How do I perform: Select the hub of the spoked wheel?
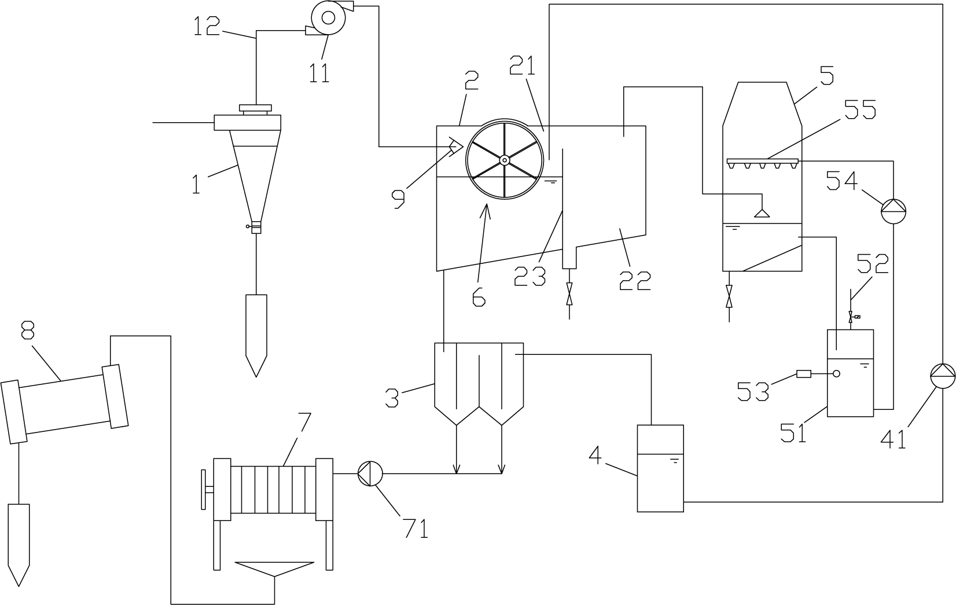(505, 160)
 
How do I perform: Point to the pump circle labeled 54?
(894, 211)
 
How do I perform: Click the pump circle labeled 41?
(943, 376)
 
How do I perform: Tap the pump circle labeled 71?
(370, 474)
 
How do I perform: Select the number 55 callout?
(859, 110)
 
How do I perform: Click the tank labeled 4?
(660, 468)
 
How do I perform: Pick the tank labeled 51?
(850, 373)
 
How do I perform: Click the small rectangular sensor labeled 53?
(804, 374)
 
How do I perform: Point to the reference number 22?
(635, 281)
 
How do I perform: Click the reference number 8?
(28, 329)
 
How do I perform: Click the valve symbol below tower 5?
(729, 296)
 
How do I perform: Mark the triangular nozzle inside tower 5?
(762, 213)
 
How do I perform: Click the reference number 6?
(479, 296)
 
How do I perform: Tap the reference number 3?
(392, 398)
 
